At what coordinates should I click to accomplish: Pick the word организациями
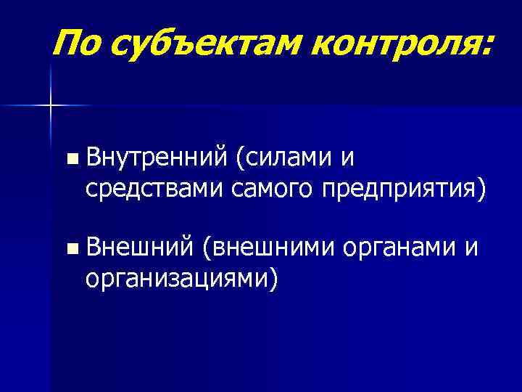(x=175, y=279)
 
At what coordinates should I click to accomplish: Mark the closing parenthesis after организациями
(x=273, y=279)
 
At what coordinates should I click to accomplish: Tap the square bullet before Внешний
(x=70, y=250)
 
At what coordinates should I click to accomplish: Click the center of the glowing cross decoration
(x=51, y=106)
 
